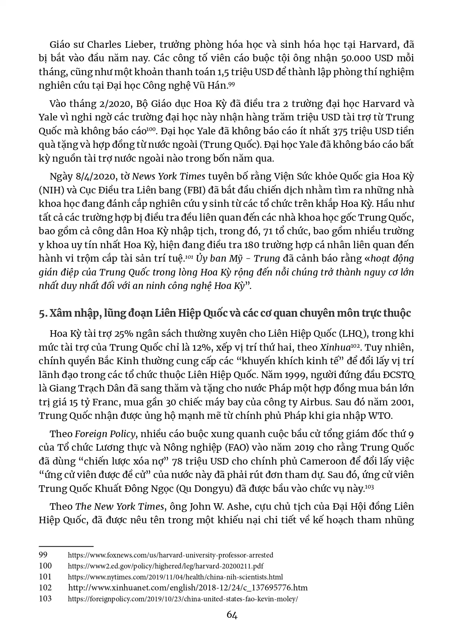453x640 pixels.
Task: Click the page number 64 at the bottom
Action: coord(232,615)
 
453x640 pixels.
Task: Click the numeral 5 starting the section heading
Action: coord(42,313)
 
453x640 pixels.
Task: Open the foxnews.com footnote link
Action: coord(170,555)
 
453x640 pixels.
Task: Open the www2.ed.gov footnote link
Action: coord(166,566)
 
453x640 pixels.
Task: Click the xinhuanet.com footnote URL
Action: coord(188,588)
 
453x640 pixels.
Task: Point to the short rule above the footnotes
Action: coord(66,546)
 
